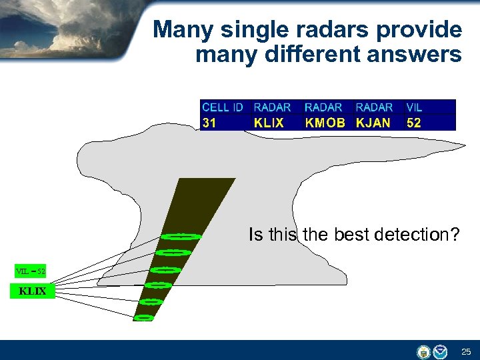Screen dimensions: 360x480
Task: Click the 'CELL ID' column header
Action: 222,107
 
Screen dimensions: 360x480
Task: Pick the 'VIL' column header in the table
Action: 414,107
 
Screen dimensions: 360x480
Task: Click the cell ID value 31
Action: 209,123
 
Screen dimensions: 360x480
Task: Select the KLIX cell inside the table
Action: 269,123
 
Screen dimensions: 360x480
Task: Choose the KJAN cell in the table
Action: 373,123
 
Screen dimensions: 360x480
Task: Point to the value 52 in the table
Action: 414,123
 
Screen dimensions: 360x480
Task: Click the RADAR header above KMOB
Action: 323,107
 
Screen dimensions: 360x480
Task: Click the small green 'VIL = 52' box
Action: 31,271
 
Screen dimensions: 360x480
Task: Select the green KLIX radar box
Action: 32,291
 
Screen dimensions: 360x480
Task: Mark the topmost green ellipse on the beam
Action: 181,236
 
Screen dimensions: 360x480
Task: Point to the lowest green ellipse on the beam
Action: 143,318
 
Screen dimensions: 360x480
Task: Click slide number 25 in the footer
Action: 465,351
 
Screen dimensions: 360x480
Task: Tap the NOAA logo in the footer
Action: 440,351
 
